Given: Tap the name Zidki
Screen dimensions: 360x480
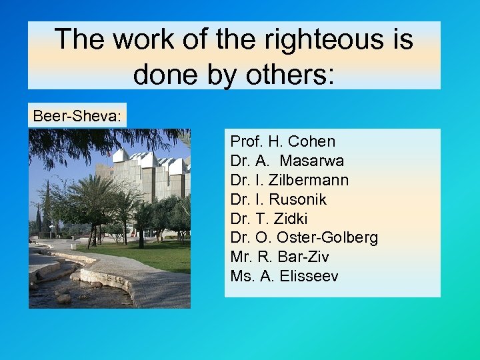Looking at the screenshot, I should tap(289, 219).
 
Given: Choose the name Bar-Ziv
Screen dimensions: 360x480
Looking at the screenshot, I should tap(299, 257).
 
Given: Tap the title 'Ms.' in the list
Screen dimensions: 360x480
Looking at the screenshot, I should tap(242, 276).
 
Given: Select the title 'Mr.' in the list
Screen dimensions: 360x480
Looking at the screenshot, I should tap(241, 257).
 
